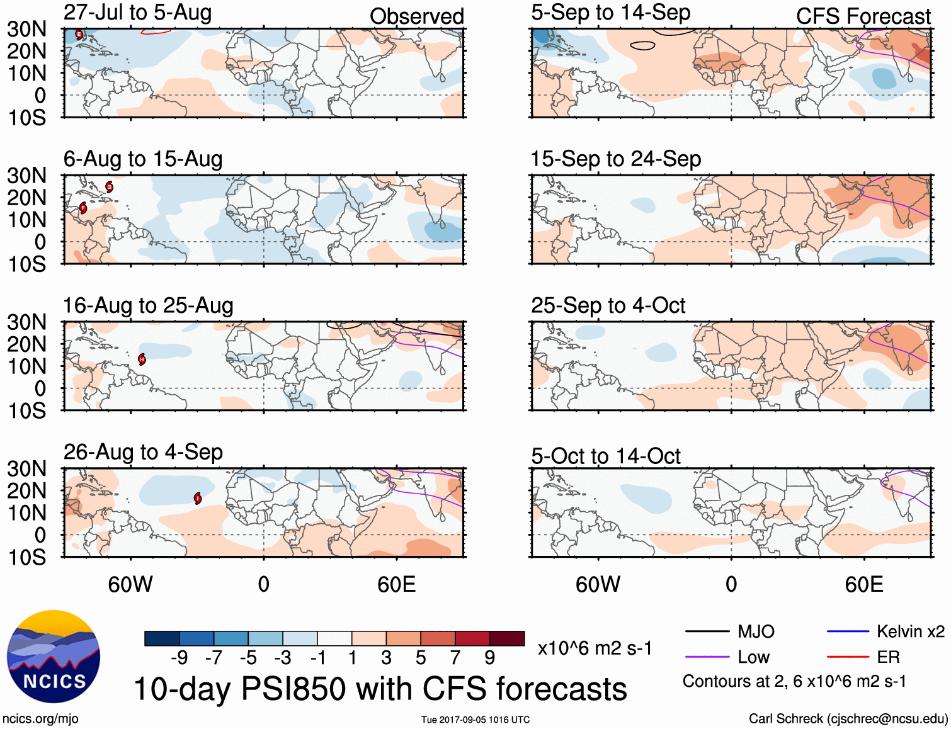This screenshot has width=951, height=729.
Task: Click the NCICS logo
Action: click(54, 656)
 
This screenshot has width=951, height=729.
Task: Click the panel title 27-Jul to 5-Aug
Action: click(137, 13)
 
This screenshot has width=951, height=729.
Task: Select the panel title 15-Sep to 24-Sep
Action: click(615, 159)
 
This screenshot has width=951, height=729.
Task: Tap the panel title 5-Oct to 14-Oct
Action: click(605, 456)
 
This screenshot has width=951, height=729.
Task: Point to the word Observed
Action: click(416, 16)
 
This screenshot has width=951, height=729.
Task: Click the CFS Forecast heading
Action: click(863, 16)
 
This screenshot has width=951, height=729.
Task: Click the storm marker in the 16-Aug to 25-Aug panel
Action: click(142, 359)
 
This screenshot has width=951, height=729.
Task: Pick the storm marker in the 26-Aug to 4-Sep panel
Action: click(198, 499)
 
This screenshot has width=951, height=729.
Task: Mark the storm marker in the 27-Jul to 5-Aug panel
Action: click(79, 35)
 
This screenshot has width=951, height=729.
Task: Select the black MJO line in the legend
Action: click(707, 631)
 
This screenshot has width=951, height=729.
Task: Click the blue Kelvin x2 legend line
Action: click(848, 631)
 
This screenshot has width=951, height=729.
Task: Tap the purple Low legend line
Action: click(707, 657)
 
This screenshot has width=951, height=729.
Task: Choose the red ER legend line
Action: click(848, 657)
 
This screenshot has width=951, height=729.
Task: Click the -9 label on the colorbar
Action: click(179, 658)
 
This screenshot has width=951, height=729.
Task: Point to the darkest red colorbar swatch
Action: click(507, 638)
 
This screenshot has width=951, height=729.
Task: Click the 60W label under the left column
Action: click(130, 584)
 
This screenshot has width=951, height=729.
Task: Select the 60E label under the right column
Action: click(863, 584)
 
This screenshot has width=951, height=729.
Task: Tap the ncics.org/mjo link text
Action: click(40, 719)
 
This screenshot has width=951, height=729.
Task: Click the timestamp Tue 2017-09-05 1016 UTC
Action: click(475, 720)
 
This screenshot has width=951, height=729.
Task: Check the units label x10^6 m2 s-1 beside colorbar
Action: click(595, 648)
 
